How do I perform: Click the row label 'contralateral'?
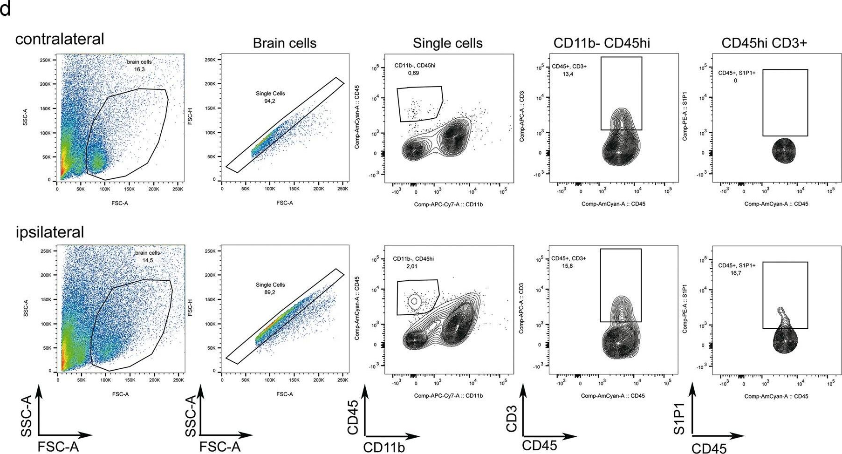tap(60, 39)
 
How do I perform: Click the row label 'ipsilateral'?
tap(50, 232)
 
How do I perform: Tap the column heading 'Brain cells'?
tap(284, 43)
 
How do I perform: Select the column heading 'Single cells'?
tap(447, 43)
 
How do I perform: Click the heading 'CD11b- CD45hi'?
tap(602, 43)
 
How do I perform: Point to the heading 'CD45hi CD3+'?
tap(764, 43)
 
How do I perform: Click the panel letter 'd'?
tap(5, 9)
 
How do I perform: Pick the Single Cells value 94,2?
tap(270, 101)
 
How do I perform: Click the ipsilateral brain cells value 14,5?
tap(147, 260)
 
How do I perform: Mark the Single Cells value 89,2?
tap(270, 292)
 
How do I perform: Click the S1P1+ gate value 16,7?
tap(736, 273)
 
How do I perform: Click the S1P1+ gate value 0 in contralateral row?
tap(735, 81)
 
